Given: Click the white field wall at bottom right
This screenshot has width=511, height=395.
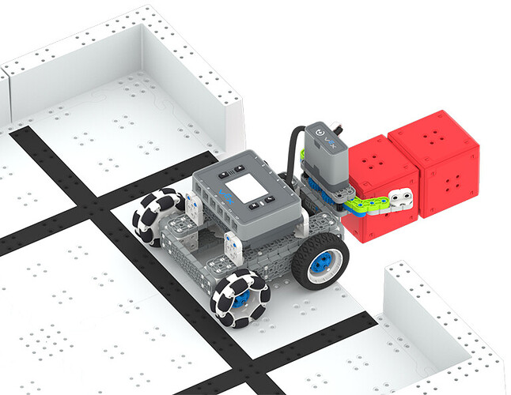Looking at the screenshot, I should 443,332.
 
